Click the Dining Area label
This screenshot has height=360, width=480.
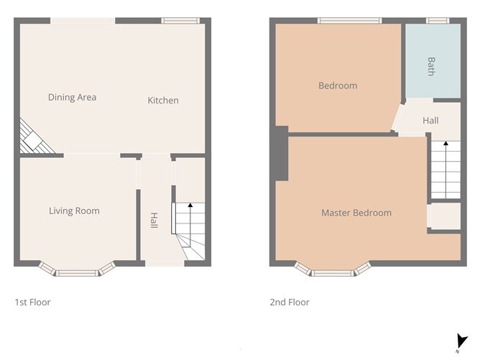coord(72,97)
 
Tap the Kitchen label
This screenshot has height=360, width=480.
coord(163,101)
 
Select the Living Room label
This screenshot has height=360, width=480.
coord(74,211)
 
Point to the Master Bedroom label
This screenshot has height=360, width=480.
coord(356,213)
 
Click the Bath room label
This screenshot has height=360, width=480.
coord(431,66)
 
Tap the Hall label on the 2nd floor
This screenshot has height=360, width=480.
coord(430,121)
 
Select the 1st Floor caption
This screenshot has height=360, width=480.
coord(33,303)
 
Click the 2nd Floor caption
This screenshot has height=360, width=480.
coord(290,303)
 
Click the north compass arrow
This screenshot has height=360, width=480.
coord(462,342)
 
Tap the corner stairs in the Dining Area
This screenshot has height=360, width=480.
coord(34,137)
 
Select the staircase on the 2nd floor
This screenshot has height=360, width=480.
coord(446,170)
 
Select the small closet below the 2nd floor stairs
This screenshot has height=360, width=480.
coord(444,216)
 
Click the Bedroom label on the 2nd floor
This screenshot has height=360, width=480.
coord(338,86)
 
